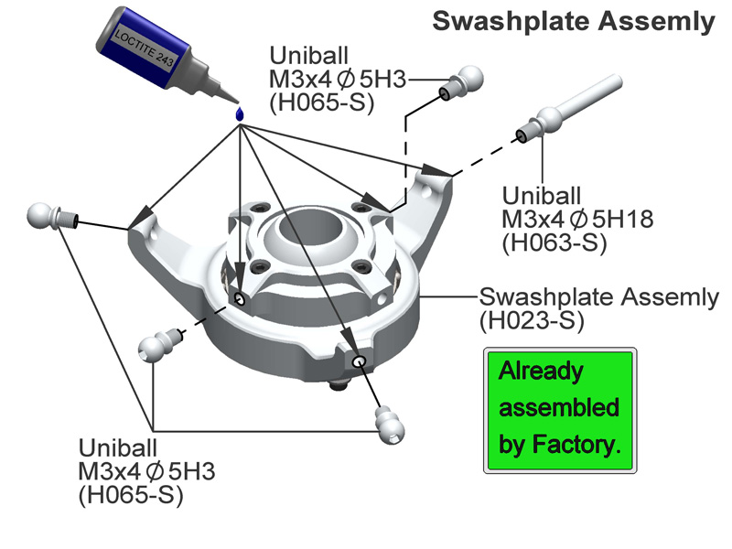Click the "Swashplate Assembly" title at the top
click(573, 21)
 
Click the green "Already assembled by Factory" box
click(559, 409)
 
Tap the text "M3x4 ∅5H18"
click(565, 219)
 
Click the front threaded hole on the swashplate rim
click(359, 361)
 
